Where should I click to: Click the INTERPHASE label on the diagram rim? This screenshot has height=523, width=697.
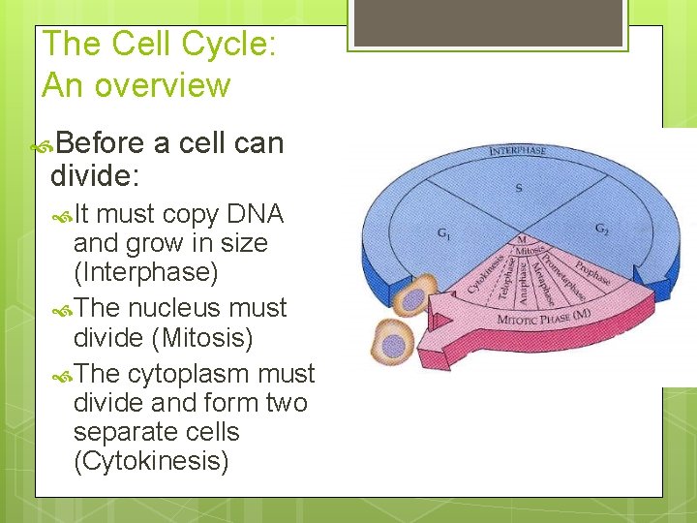pyautogui.click(x=518, y=151)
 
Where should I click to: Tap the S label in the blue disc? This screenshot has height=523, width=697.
pyautogui.click(x=519, y=188)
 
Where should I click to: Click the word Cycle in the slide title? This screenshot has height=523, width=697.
pyautogui.click(x=230, y=45)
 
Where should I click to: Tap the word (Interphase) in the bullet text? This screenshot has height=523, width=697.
pyautogui.click(x=146, y=272)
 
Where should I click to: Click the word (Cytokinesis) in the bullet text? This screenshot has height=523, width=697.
pyautogui.click(x=151, y=461)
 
